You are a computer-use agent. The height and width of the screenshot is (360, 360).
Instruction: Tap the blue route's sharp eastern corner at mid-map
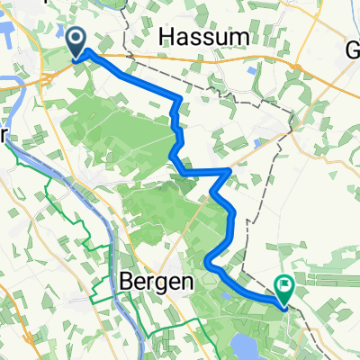pyautogui.click(x=231, y=170)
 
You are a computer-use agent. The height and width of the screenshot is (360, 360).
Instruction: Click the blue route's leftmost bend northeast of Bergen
pyautogui.click(x=208, y=262)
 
